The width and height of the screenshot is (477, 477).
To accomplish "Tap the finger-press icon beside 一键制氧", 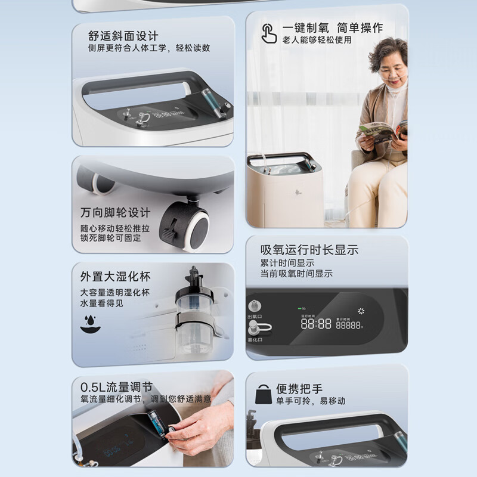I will pyautogui.click(x=269, y=33).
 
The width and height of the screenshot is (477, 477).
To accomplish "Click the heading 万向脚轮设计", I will pyautogui.click(x=116, y=213).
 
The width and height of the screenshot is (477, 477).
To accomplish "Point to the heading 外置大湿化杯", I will pyautogui.click(x=116, y=277).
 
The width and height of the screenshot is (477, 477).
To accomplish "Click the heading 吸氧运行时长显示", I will pyautogui.click(x=309, y=250).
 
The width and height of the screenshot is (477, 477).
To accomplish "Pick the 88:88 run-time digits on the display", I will pyautogui.click(x=316, y=324).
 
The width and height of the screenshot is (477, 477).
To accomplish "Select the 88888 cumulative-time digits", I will pyautogui.click(x=348, y=325).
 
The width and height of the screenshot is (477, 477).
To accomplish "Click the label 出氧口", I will pyautogui.click(x=255, y=317).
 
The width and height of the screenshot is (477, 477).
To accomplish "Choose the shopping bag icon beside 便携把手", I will pyautogui.click(x=262, y=394).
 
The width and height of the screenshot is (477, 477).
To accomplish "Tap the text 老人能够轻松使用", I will pyautogui.click(x=317, y=40).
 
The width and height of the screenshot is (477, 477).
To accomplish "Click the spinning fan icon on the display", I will pyautogui.click(x=361, y=311).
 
